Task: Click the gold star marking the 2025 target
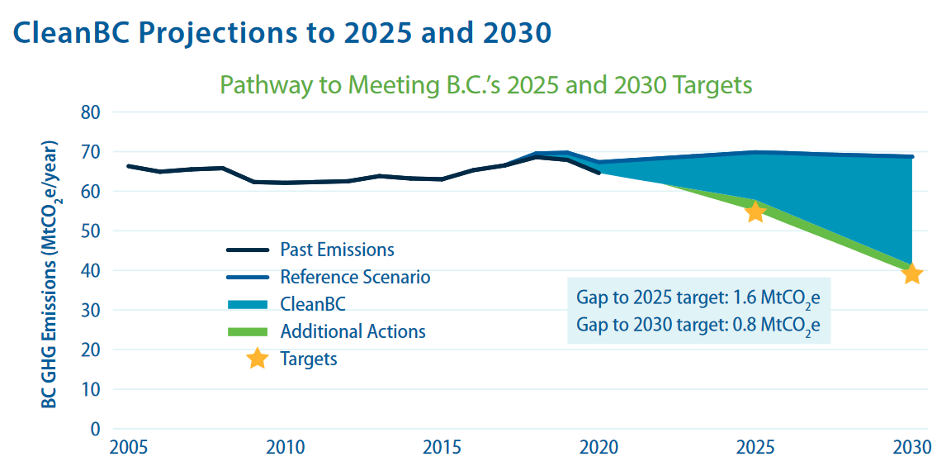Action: (x=755, y=212)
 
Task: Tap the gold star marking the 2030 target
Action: (x=911, y=274)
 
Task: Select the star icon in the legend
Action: (x=258, y=359)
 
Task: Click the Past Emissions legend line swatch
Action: (x=248, y=250)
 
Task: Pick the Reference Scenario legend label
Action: (x=355, y=277)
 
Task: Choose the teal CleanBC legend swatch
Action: (x=248, y=305)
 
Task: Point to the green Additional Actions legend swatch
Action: (x=248, y=332)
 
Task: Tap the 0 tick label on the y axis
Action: (x=94, y=429)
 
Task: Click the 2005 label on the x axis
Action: (x=129, y=449)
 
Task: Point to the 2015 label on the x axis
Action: (x=442, y=449)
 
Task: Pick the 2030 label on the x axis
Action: (x=911, y=449)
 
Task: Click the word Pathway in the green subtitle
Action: (x=263, y=85)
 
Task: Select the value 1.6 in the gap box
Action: (x=740, y=297)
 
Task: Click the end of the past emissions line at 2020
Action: (x=599, y=172)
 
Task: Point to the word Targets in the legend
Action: (x=309, y=359)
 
